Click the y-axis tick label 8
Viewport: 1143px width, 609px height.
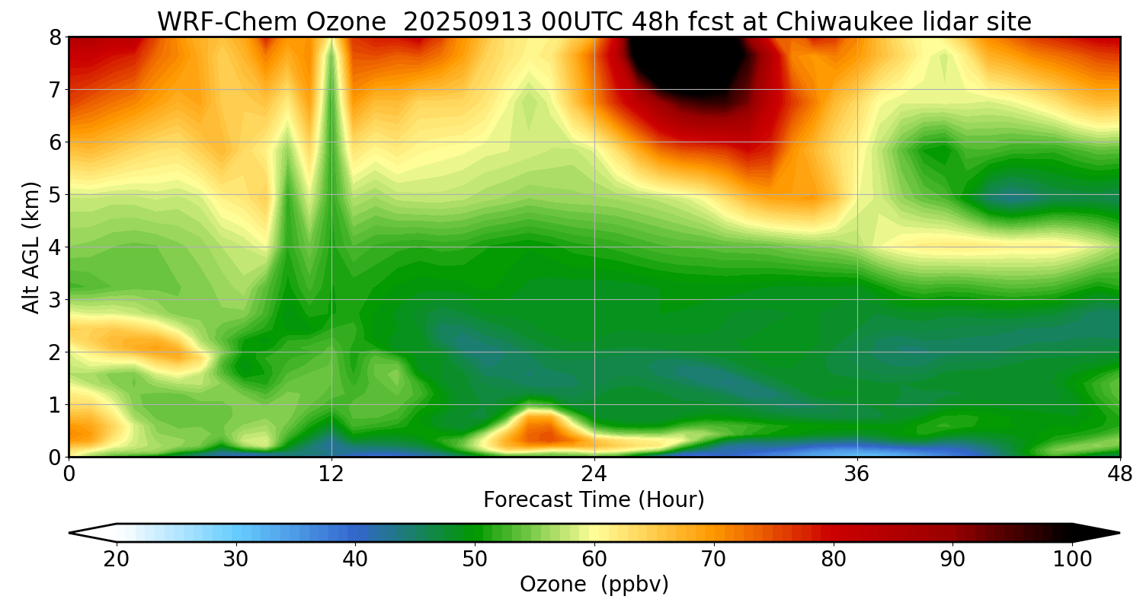click(55, 37)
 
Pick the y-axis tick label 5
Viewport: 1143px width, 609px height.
click(55, 195)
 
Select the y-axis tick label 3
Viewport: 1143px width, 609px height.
click(55, 300)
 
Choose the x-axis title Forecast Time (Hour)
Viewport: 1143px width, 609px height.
click(594, 500)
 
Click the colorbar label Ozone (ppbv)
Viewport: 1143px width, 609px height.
click(594, 585)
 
